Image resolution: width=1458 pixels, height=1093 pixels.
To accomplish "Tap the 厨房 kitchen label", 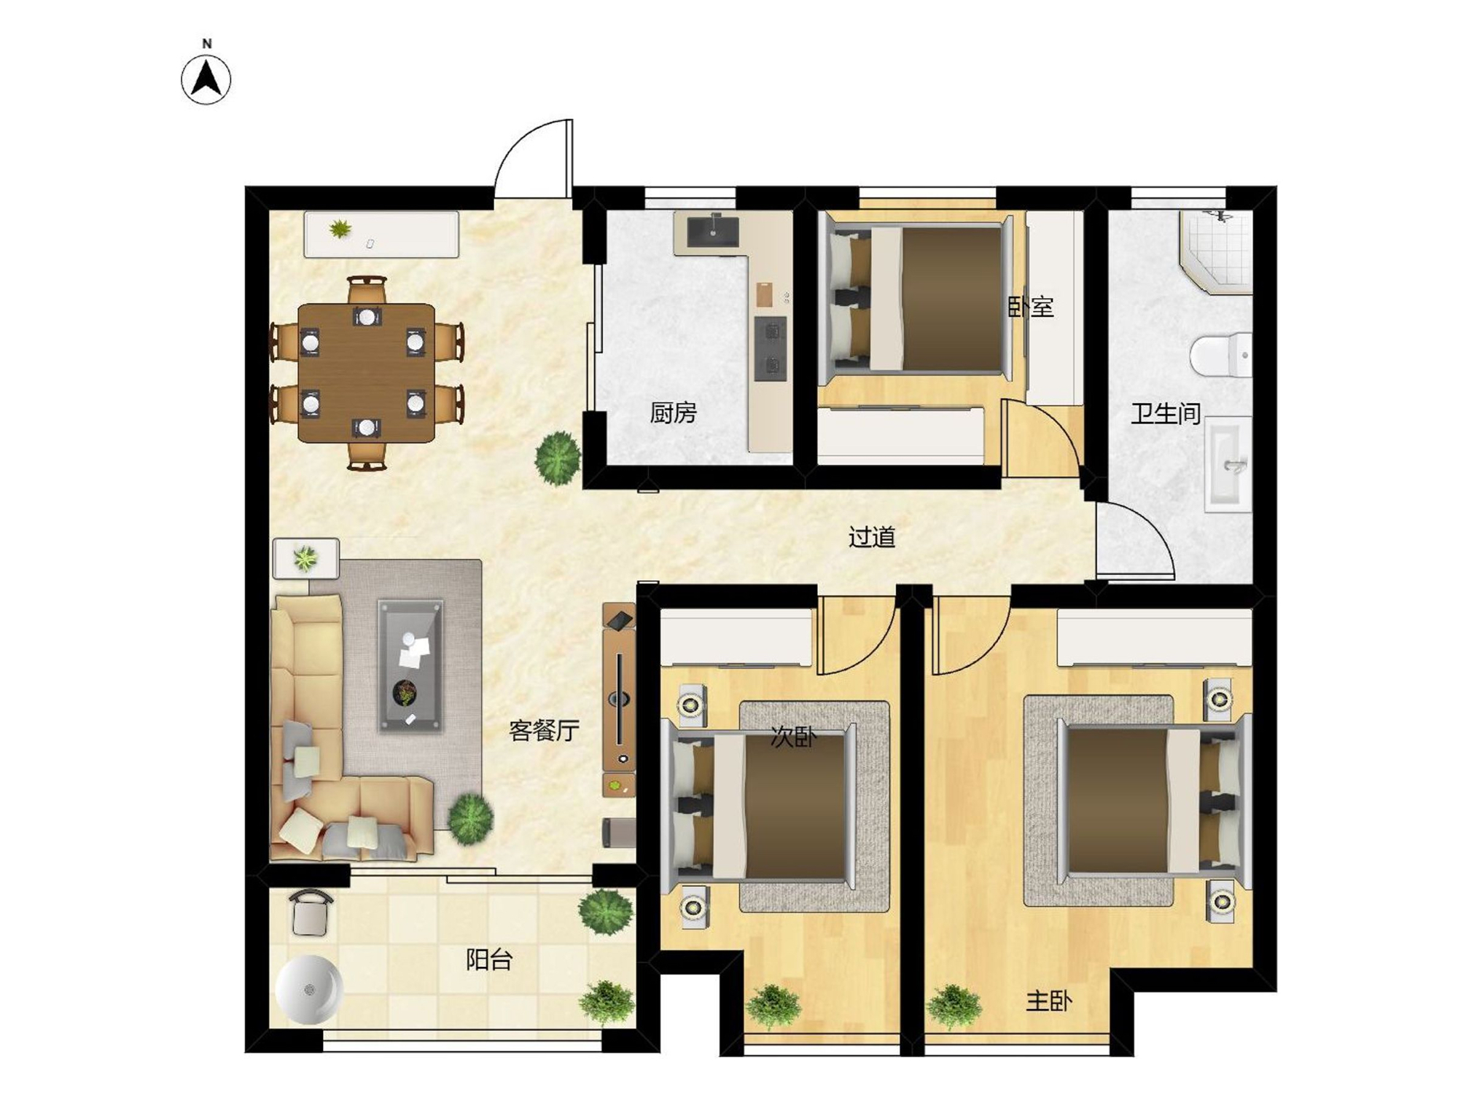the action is pos(673,413).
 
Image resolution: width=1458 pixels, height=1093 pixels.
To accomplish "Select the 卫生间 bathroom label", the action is pos(1166,414).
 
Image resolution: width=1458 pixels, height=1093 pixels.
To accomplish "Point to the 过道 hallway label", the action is pos(872,537).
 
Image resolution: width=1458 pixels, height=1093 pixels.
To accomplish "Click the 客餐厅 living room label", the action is pos(544,730).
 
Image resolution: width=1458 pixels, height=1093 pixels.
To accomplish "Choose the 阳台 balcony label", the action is pos(489,960).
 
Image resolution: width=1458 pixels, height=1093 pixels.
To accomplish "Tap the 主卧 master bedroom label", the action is pos(1049,1001).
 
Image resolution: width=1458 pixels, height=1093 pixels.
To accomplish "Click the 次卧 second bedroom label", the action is pos(794,737).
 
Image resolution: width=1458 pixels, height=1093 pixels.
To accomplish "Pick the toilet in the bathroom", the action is pos(1221,355).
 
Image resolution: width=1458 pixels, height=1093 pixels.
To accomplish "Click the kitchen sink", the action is pos(713,231).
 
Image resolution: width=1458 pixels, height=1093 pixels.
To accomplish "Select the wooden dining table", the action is pos(367,373).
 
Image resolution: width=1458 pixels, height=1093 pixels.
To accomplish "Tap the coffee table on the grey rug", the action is pos(410,665).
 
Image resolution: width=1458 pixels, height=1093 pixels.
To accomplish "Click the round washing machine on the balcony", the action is pos(309,990).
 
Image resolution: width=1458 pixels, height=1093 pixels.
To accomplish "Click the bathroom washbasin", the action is pos(1228,464).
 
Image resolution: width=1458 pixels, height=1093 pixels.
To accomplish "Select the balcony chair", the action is pos(311,913).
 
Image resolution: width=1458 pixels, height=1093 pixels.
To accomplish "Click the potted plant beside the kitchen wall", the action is pos(558,458).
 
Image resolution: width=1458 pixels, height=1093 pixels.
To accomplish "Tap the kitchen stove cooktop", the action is pos(771,348).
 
